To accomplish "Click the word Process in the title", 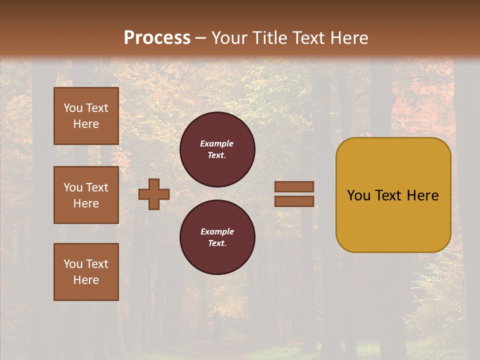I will [x=157, y=38].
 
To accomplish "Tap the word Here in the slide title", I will [x=349, y=38].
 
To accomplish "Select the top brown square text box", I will [x=86, y=116].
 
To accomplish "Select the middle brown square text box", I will [x=86, y=195].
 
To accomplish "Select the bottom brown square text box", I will [x=86, y=272].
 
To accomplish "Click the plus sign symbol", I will [x=154, y=194].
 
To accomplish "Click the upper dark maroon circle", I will [x=217, y=149].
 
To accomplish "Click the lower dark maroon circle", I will [x=217, y=237].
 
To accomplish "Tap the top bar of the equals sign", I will [x=294, y=186].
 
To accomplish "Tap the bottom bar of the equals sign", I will [x=294, y=201].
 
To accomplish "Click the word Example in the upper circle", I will [x=217, y=143].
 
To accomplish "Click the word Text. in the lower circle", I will [x=217, y=243].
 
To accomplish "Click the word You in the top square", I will [x=73, y=108].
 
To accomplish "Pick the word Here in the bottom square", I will [x=86, y=280].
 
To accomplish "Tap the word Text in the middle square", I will [x=97, y=187].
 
